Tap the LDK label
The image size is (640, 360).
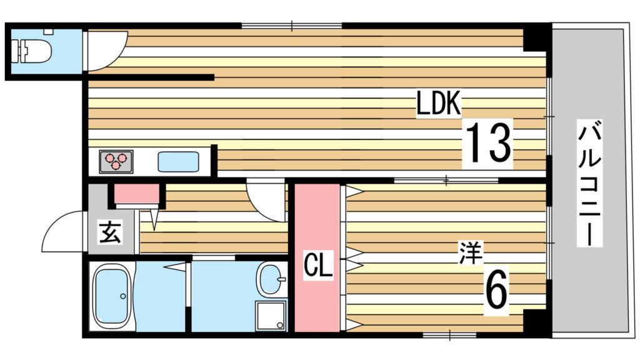click(439, 104)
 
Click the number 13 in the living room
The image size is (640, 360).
click(487, 143)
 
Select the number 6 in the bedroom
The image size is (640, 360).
click(496, 292)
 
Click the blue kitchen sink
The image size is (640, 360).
click(179, 162)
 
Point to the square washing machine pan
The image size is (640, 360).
click(270, 316)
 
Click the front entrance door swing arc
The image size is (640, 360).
click(63, 231)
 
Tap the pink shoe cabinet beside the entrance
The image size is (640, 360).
click(136, 195)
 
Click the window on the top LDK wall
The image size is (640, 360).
click(292, 26)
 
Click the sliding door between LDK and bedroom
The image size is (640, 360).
click(446, 181)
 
